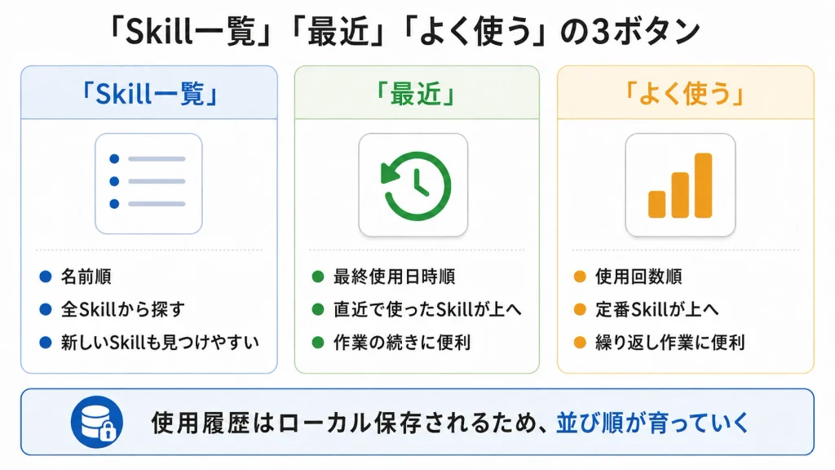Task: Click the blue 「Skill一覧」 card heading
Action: point(148,95)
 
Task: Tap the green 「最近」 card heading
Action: point(416,95)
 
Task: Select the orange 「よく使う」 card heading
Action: point(685,95)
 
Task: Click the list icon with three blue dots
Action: point(148,184)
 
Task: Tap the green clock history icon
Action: point(416,186)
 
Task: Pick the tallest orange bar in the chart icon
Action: point(703,185)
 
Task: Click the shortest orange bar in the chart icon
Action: point(656,204)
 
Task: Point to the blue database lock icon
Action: point(97,422)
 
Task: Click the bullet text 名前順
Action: point(86,277)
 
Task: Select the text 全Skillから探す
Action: point(123,309)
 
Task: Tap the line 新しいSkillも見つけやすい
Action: point(160,342)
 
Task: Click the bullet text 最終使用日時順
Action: point(395,277)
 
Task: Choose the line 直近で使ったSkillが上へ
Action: point(427,309)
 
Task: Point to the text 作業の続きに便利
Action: point(402,342)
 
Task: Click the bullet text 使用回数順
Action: point(639,277)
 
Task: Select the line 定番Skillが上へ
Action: point(657,309)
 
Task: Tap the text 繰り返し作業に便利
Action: point(670,342)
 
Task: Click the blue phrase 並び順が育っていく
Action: point(653,423)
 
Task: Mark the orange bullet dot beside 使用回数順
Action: point(580,277)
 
